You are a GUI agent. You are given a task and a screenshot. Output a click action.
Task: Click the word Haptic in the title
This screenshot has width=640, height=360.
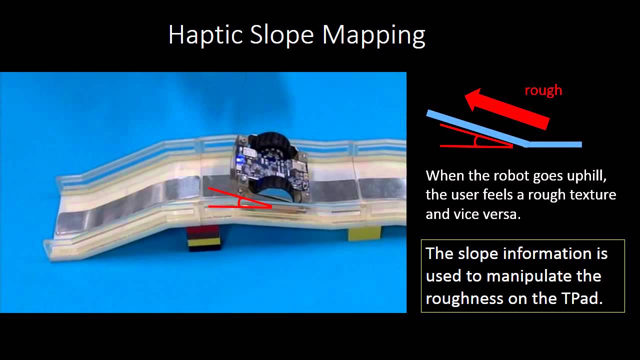205,35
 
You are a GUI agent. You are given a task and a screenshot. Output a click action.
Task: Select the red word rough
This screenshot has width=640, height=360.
543,90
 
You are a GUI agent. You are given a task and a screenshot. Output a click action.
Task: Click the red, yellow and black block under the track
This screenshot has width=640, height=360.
204,238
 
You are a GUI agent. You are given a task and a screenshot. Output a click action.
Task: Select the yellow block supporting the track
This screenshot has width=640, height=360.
364,233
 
